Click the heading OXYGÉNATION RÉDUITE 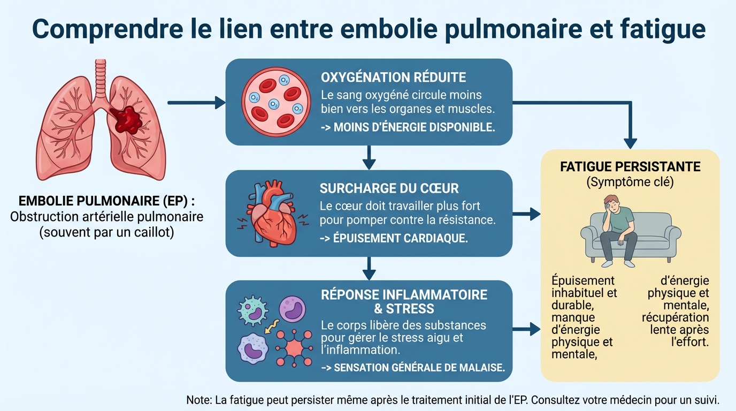point(393,77)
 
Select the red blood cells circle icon point(276,102)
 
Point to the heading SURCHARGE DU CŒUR point(389,188)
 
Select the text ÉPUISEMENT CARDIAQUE point(394,239)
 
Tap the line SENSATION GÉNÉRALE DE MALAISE point(412,368)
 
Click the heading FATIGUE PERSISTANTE point(630,166)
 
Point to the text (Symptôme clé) point(630,182)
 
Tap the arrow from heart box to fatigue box point(526,214)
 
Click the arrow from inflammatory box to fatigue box point(526,329)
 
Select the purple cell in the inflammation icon point(292,309)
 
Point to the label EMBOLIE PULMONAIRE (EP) point(106,201)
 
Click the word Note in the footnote point(198,400)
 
